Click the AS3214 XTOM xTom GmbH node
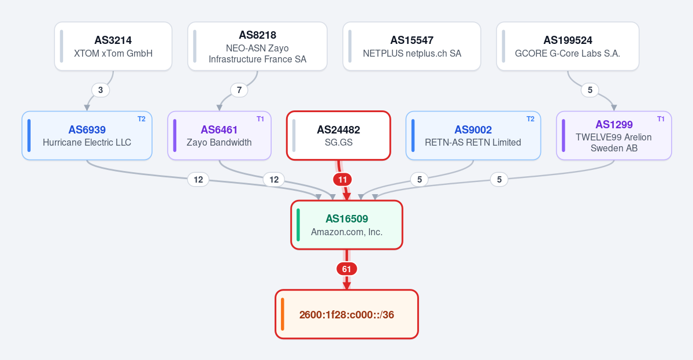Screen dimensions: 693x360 (x=113, y=46)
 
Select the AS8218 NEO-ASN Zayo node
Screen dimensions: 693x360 (x=257, y=46)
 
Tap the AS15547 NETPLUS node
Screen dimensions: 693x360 (x=412, y=46)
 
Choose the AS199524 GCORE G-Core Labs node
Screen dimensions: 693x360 (x=568, y=46)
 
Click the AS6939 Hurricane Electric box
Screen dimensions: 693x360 (x=87, y=136)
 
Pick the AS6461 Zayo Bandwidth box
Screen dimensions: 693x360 (x=219, y=136)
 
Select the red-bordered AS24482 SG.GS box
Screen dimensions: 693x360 (x=339, y=136)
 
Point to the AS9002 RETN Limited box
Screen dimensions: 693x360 (x=473, y=136)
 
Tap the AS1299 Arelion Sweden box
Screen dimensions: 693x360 (x=614, y=136)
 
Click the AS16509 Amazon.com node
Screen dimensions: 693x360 (x=347, y=225)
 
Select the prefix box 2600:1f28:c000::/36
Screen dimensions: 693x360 (x=347, y=314)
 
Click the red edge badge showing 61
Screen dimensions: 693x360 (x=347, y=269)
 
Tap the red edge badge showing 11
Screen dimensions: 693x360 (x=343, y=180)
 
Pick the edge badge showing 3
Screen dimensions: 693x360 (x=101, y=90)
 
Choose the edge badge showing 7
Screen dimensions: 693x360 (x=239, y=90)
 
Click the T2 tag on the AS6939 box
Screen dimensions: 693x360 (x=142, y=119)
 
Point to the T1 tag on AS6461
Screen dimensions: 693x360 (x=260, y=119)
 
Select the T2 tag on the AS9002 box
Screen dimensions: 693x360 (x=531, y=119)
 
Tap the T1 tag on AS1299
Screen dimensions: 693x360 (x=661, y=119)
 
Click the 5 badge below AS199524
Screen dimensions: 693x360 (x=590, y=90)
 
